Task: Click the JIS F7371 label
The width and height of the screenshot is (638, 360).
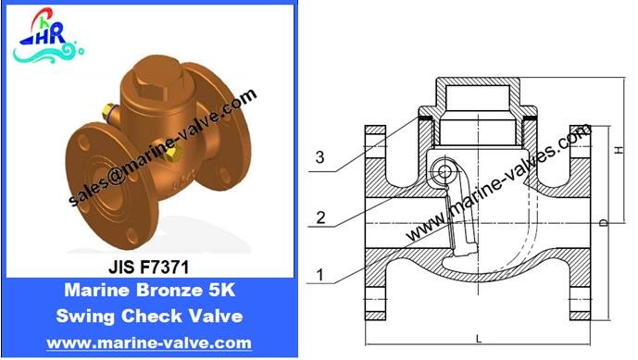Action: coord(148,267)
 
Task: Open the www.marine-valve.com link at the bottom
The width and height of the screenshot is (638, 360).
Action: coord(149,342)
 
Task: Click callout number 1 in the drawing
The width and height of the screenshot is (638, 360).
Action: coord(320,275)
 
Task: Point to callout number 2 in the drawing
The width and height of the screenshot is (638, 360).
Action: coord(320,218)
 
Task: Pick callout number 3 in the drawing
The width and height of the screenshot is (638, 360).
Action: coord(320,157)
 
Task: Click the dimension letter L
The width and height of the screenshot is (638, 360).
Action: coord(479,339)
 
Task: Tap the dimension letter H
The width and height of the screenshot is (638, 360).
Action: coord(619,150)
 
